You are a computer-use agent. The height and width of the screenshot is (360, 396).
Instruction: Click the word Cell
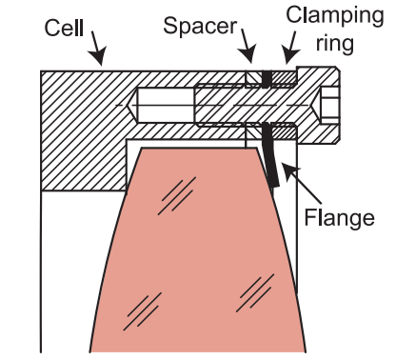click(x=64, y=28)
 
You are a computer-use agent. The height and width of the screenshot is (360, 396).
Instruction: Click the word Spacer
click(x=200, y=26)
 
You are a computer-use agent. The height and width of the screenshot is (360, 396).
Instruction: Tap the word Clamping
click(x=335, y=15)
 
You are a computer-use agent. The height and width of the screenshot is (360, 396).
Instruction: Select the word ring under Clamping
click(x=334, y=44)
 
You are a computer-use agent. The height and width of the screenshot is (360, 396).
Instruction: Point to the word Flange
click(x=340, y=218)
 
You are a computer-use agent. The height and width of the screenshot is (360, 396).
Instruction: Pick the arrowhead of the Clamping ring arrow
click(x=289, y=56)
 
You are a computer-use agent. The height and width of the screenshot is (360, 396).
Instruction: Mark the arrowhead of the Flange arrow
click(x=288, y=170)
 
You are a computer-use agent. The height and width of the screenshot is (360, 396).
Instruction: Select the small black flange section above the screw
click(x=267, y=79)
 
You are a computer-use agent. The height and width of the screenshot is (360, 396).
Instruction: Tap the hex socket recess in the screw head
click(x=329, y=105)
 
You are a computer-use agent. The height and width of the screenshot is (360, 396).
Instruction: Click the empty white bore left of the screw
click(x=166, y=105)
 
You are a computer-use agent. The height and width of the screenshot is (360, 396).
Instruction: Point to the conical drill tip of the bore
click(x=132, y=105)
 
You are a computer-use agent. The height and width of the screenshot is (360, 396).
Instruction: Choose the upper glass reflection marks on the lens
click(x=177, y=195)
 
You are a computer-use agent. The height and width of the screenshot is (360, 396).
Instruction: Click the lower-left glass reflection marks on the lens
click(x=142, y=311)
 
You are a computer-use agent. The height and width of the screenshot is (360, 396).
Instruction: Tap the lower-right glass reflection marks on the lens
click(x=255, y=292)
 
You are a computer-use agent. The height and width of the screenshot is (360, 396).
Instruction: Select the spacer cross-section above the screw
click(x=254, y=79)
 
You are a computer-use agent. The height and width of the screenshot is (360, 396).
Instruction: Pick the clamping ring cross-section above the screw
click(x=284, y=78)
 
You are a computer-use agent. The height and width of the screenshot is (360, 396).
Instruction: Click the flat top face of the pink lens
click(x=199, y=148)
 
